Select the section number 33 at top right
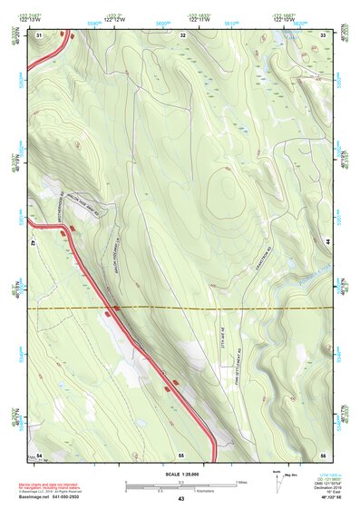323,34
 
